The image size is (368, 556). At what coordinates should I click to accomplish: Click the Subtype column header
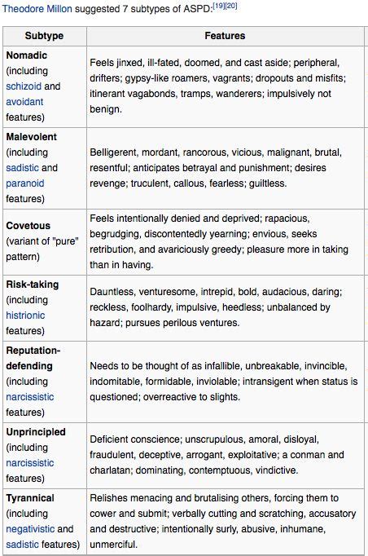tap(44, 36)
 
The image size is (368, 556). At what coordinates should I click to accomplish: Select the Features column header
tap(225, 36)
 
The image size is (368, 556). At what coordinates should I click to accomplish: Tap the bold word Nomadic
tap(26, 55)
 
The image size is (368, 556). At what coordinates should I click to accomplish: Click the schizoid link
tap(23, 86)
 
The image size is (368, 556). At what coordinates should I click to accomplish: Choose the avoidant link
tap(24, 101)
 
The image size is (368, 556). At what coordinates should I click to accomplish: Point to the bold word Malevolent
tap(32, 136)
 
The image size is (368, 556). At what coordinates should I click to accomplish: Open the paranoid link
tap(25, 183)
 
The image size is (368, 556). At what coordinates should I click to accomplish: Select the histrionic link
tap(25, 315)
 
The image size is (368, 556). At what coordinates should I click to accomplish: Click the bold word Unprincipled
tap(36, 431)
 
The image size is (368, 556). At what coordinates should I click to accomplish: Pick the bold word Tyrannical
tap(30, 497)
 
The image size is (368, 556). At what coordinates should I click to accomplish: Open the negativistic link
tap(31, 529)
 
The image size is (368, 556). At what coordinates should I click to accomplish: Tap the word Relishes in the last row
tap(111, 497)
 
